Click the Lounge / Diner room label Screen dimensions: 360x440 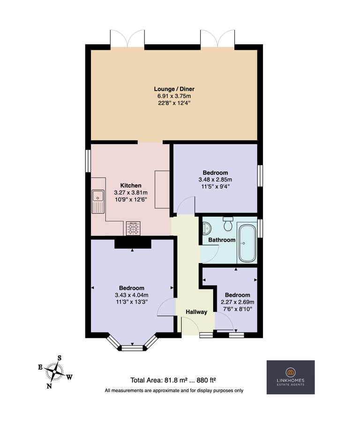(x=174, y=89)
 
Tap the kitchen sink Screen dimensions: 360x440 (x=98, y=202)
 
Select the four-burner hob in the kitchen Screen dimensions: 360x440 (x=133, y=228)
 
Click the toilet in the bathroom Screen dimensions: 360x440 (x=228, y=224)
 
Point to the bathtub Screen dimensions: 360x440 (x=247, y=243)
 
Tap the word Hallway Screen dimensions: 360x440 (x=196, y=312)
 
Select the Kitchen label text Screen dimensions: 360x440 (x=131, y=185)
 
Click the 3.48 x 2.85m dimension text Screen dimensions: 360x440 (x=215, y=180)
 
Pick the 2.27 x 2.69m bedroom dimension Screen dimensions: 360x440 (x=238, y=302)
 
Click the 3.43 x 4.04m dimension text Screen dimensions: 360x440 (x=132, y=295)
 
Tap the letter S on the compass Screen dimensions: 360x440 (x=60, y=358)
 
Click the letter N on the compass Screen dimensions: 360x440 (x=49, y=386)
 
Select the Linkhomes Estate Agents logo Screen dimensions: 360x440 (x=291, y=377)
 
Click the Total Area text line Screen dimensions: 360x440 (x=173, y=380)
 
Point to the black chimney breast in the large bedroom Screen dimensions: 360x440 (x=133, y=244)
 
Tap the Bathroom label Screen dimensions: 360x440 (x=222, y=240)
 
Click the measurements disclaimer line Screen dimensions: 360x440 (x=174, y=390)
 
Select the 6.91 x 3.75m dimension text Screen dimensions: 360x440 (x=174, y=96)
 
